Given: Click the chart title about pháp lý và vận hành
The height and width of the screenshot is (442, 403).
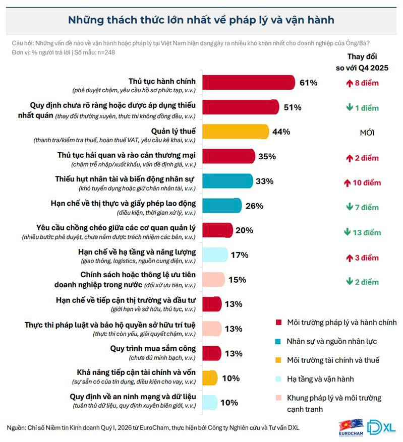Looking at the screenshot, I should (201, 20).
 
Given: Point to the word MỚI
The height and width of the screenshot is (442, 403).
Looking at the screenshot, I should (367, 134).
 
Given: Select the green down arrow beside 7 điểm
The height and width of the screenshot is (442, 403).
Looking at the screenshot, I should (348, 207).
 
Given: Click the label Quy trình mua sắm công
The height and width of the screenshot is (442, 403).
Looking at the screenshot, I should (153, 348).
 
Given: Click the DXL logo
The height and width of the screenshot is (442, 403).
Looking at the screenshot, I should (381, 426).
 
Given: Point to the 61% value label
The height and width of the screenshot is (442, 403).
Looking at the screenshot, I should (308, 83).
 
